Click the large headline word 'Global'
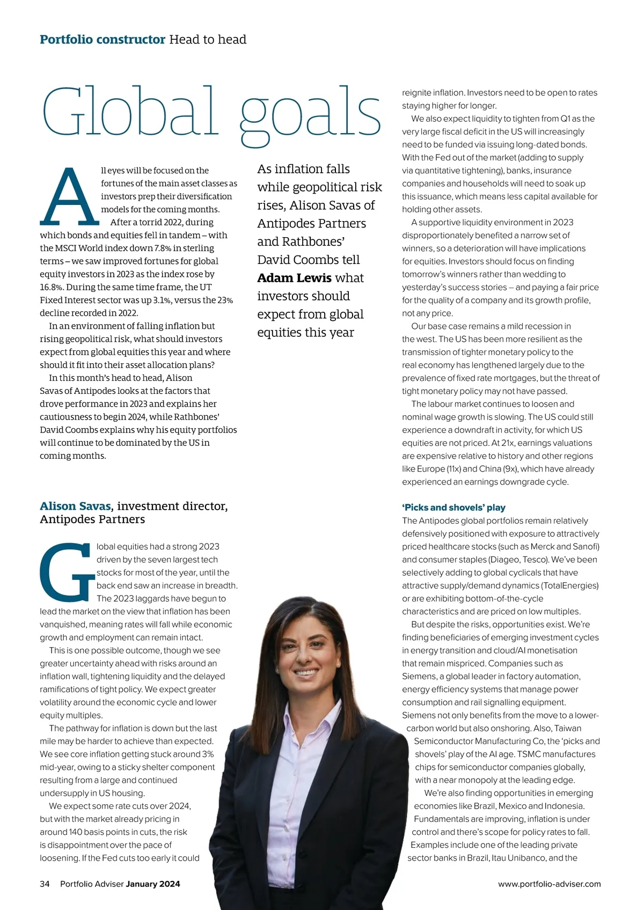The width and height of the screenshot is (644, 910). click(130, 112)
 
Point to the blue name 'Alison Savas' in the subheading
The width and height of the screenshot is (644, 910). click(75, 506)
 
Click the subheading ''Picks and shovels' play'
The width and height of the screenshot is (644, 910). click(453, 508)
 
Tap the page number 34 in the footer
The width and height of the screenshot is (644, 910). click(45, 884)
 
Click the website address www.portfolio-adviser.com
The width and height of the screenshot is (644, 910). click(549, 884)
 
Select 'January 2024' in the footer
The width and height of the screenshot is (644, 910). click(153, 884)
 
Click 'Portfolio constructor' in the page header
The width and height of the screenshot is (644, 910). click(103, 40)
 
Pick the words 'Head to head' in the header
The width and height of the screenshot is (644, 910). click(208, 40)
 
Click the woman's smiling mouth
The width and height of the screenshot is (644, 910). click(306, 672)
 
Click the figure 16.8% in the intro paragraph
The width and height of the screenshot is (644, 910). click(51, 287)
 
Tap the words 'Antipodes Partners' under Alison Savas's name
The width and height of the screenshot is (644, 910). click(92, 519)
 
